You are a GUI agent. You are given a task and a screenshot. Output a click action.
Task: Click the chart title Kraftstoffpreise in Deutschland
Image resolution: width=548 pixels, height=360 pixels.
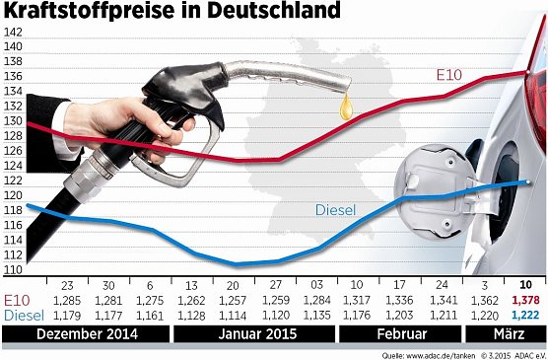(172, 13)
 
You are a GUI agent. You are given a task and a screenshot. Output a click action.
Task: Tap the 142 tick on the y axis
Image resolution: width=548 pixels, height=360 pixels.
(13, 32)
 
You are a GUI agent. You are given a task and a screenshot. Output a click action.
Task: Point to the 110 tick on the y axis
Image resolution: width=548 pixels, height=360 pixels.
(13, 269)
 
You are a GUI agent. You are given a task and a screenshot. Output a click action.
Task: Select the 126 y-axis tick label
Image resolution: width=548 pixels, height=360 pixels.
(13, 151)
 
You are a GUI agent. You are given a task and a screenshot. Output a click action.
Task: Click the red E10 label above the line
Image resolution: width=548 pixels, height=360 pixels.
(449, 75)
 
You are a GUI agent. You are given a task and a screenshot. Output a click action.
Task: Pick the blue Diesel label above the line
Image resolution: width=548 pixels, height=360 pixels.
(335, 209)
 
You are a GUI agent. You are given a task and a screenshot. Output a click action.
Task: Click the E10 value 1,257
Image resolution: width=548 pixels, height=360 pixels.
(235, 299)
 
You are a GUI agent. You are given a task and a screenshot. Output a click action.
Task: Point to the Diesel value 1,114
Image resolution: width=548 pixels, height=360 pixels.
(235, 315)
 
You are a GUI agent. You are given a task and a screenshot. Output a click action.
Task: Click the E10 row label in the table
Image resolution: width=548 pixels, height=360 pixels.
(17, 299)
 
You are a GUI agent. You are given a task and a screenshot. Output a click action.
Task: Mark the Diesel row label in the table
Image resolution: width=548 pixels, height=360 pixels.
(23, 315)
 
